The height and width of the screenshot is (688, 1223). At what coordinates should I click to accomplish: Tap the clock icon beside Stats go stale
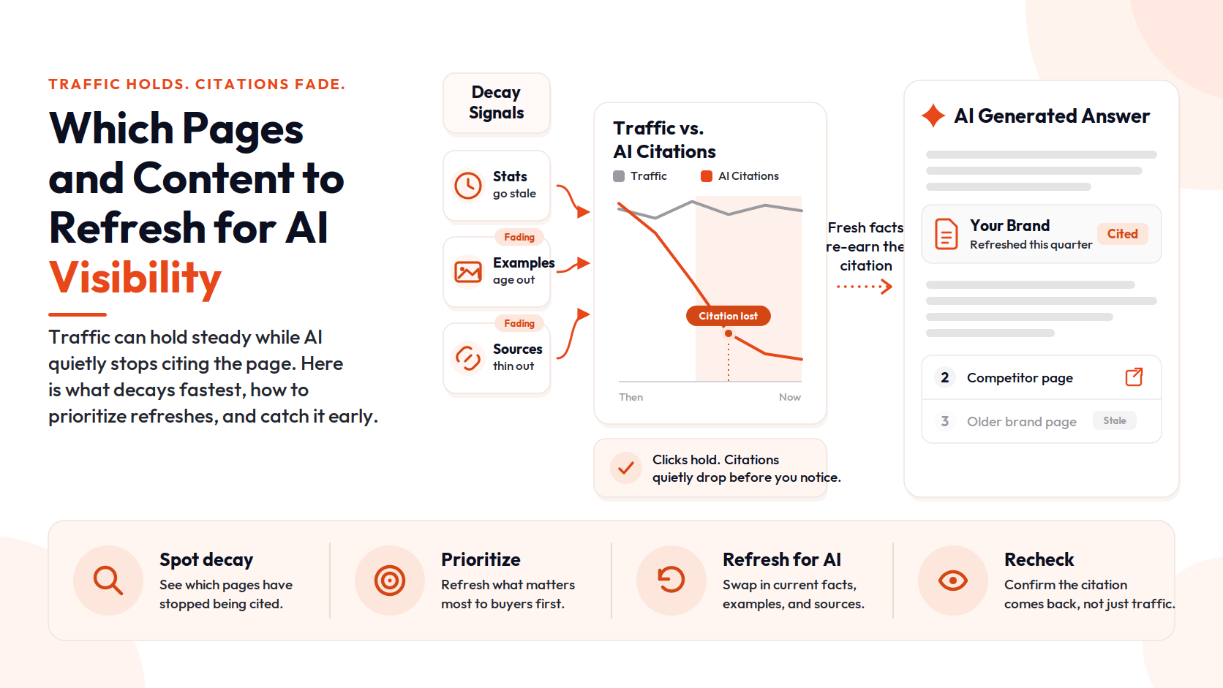pos(468,186)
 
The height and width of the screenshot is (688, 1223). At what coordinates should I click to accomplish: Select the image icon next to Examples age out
pos(468,272)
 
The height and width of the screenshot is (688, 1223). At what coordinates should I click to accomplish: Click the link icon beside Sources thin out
pos(468,358)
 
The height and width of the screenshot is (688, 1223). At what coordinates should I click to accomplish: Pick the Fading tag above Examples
pos(519,238)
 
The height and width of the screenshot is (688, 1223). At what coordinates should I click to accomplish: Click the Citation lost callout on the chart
pos(729,316)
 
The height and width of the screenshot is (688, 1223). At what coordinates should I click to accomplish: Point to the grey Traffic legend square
pos(619,176)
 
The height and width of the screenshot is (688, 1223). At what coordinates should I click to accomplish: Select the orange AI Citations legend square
pos(707,176)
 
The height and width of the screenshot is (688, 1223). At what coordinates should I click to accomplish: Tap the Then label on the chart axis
pos(631,397)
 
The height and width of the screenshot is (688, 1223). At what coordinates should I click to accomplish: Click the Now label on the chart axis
pos(790,397)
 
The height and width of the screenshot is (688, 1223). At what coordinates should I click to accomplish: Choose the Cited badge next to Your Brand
pos(1123,234)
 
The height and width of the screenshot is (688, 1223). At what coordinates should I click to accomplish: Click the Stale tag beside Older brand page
pos(1114,420)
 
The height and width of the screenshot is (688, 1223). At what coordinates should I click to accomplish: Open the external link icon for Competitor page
pos(1134,377)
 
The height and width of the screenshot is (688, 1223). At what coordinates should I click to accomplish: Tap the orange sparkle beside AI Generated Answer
pos(933,116)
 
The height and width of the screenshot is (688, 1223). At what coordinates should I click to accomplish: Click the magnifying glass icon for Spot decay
pos(108,581)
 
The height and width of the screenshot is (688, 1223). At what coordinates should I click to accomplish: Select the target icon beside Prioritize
pos(390,581)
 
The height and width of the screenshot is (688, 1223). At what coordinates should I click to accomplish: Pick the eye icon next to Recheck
pos(953,581)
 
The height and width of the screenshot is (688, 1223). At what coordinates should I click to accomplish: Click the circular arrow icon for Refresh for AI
pos(671,580)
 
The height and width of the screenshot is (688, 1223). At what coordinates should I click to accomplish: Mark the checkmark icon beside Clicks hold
pos(626,468)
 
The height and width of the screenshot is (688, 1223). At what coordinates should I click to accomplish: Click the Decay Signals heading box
pos(497,102)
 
